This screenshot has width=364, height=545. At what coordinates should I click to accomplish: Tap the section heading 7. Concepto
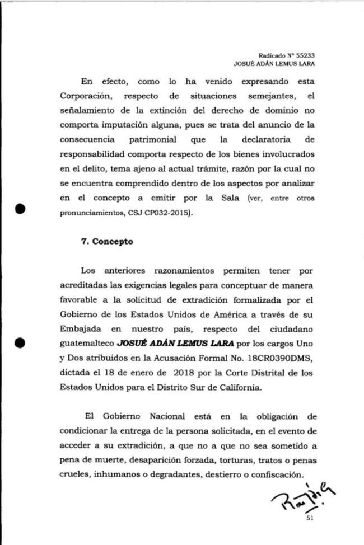point(107,242)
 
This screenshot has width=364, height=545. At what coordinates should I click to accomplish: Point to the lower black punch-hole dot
point(21,342)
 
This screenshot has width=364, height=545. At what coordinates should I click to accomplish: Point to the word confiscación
point(273,474)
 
